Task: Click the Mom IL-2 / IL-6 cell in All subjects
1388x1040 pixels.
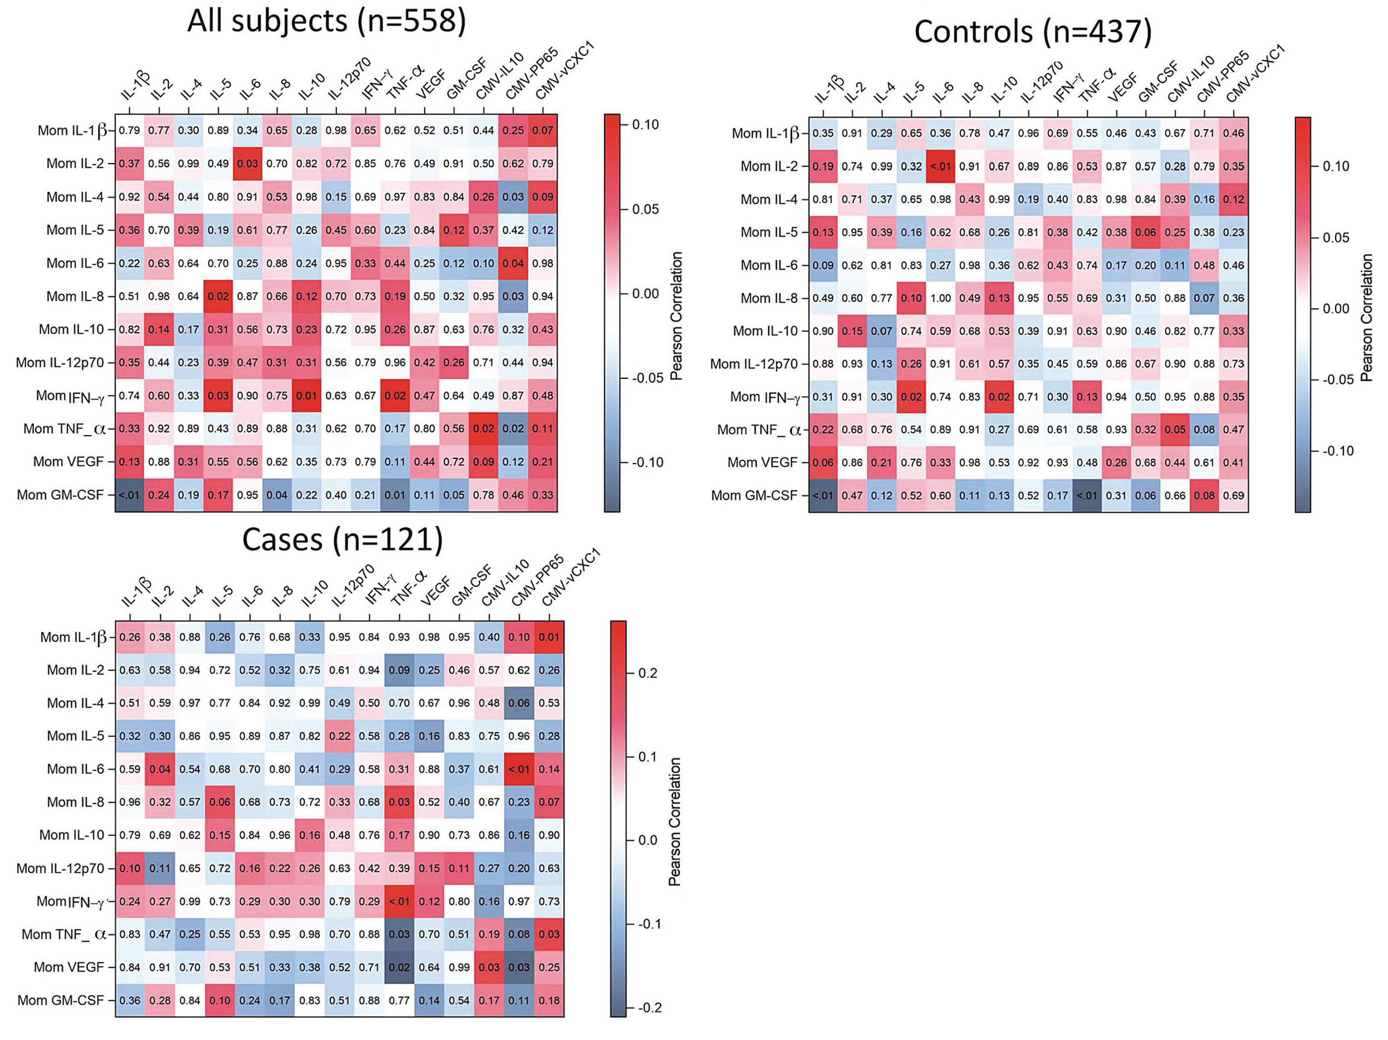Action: (x=247, y=164)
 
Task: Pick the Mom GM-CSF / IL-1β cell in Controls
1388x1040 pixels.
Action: (x=823, y=496)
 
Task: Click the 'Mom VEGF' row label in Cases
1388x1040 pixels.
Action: (x=68, y=967)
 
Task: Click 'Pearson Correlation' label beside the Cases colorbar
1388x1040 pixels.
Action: (x=675, y=822)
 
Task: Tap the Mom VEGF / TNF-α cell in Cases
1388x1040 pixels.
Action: (x=399, y=967)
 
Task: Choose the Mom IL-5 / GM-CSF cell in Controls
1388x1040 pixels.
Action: (x=1145, y=232)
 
